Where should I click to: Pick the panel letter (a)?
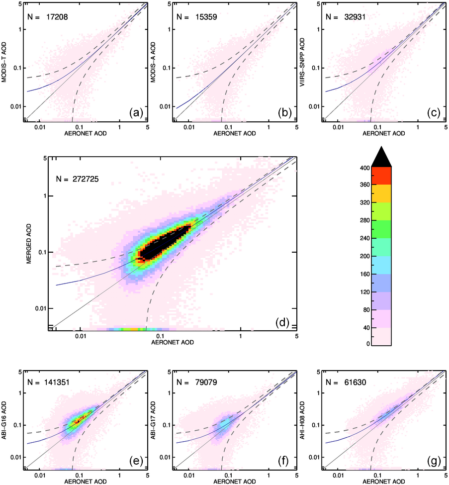coord(136,113)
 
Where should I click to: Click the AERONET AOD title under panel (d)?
coord(173,343)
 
